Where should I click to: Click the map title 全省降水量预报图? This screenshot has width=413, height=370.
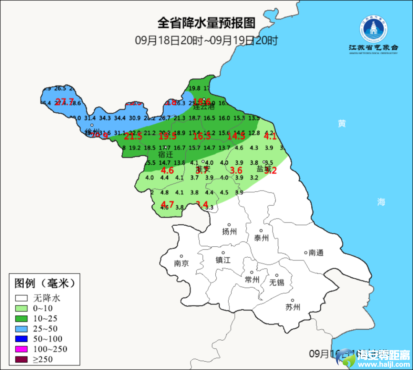(206, 23)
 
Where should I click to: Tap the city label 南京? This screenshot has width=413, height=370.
(181, 263)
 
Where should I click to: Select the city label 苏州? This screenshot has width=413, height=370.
(293, 307)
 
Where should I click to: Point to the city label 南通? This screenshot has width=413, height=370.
(316, 252)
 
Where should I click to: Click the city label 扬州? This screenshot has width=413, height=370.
(229, 231)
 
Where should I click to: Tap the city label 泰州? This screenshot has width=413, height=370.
(262, 238)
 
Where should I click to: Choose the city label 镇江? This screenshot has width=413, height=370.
(223, 260)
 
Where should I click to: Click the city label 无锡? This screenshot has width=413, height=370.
(277, 282)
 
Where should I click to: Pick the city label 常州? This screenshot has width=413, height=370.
(252, 280)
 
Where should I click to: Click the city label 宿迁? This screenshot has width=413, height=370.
(166, 155)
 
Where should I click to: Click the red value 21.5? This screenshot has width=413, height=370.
(133, 136)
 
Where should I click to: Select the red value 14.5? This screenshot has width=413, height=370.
(236, 136)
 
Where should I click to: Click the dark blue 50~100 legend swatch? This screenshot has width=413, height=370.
(22, 339)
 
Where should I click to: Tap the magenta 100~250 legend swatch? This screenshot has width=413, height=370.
(22, 349)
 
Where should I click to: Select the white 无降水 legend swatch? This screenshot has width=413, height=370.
(22, 298)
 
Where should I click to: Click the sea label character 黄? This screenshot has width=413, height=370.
(342, 123)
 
